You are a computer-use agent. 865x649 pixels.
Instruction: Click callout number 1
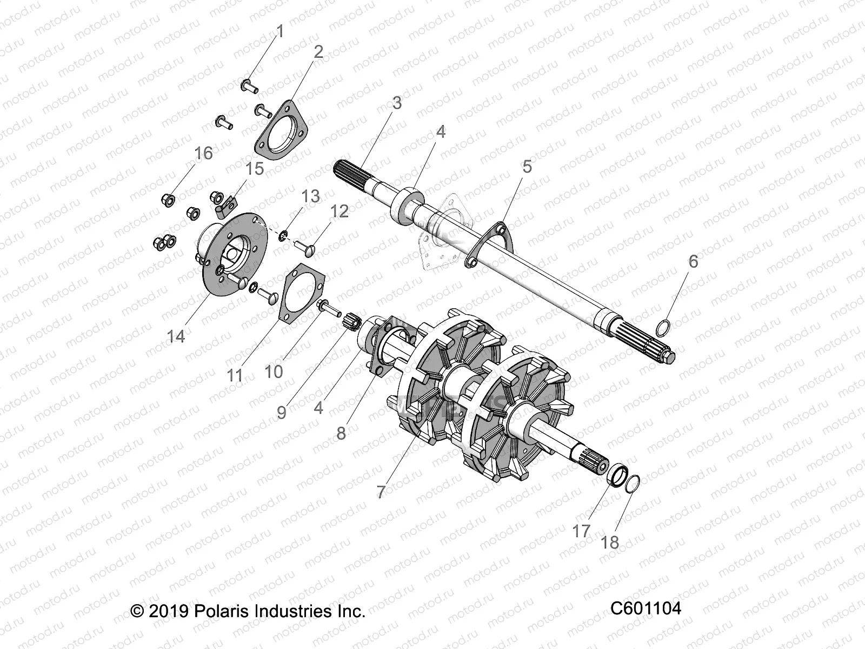tap(280, 32)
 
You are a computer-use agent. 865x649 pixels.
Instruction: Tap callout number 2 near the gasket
tap(318, 52)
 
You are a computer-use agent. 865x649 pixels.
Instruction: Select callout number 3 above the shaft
tap(397, 103)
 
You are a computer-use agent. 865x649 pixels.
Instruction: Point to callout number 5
tap(527, 167)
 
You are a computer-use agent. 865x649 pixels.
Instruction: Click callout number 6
tap(693, 261)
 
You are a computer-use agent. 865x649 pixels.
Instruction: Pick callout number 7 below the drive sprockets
tap(381, 492)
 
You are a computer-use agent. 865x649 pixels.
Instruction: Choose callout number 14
tap(176, 336)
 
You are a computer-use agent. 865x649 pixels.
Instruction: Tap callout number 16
tap(204, 154)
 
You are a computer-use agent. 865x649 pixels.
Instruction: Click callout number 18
tap(610, 542)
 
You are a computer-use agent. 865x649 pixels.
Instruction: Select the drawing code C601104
tap(646, 608)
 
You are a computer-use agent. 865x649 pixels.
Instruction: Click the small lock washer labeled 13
tap(283, 236)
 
